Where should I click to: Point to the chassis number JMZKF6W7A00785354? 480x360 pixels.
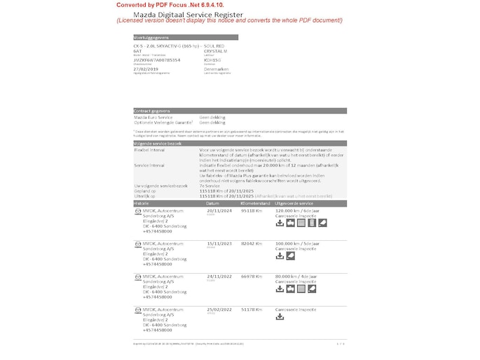point(156,60)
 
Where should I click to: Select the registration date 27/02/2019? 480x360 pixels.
point(147,69)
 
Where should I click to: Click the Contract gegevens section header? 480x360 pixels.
point(152,111)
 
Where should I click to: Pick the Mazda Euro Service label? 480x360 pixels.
point(153,117)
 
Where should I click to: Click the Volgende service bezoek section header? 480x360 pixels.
point(157,143)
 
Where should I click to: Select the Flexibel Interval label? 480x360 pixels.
point(149,150)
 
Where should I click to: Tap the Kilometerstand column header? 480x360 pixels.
point(255,203)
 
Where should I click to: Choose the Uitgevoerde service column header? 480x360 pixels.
point(298,203)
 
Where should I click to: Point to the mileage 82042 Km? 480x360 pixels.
point(251,244)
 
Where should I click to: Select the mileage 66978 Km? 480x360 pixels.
point(251,277)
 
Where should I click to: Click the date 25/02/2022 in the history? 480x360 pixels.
point(219,309)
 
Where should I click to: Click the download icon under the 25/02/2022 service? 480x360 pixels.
point(280,317)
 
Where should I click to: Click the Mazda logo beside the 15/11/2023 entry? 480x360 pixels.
point(137,244)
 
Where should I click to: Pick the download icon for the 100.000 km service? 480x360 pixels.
point(280,256)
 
